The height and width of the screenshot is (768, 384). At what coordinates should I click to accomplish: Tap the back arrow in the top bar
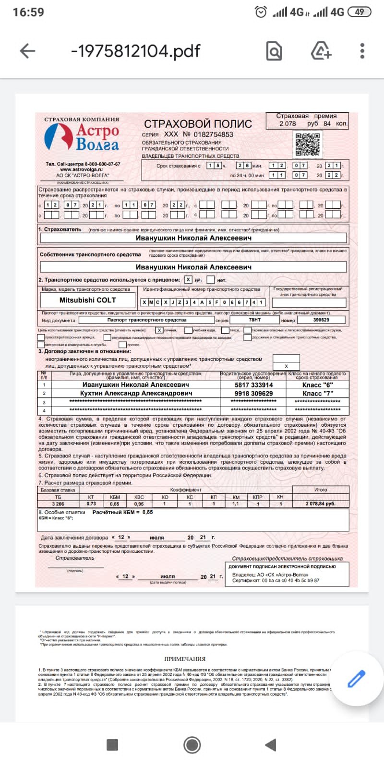click(x=27, y=51)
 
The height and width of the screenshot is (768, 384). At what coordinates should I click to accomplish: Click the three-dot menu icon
click(x=362, y=51)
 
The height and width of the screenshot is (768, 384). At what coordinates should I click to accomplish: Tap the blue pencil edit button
click(x=356, y=679)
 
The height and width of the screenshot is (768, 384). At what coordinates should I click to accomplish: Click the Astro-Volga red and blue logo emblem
click(x=59, y=137)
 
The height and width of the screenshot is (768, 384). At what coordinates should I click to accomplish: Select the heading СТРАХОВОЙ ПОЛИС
click(x=198, y=124)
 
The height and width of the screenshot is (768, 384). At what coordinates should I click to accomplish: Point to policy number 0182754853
click(x=213, y=134)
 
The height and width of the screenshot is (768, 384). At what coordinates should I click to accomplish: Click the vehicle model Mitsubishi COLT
click(x=87, y=300)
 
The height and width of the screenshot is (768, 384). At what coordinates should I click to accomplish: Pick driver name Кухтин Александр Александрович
click(x=136, y=393)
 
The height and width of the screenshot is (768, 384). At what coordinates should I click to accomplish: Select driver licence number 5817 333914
click(x=253, y=384)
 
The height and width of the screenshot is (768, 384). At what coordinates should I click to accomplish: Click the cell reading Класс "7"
click(x=318, y=393)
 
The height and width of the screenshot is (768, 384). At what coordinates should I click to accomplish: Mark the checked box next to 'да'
click(x=188, y=279)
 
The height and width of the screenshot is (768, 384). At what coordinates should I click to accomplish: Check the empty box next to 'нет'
click(x=210, y=279)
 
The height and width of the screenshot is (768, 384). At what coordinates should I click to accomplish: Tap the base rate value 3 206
click(x=58, y=504)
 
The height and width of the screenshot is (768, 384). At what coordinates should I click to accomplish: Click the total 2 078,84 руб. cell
click(x=320, y=504)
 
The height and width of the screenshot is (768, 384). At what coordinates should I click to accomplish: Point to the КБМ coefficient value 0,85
click(x=114, y=504)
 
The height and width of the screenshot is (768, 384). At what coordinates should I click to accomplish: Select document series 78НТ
click(x=254, y=320)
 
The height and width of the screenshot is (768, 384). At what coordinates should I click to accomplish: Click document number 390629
click(x=321, y=320)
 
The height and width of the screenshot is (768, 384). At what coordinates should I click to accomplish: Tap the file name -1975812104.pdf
click(x=135, y=51)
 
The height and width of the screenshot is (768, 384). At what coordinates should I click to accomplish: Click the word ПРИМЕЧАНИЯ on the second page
click(x=185, y=659)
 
